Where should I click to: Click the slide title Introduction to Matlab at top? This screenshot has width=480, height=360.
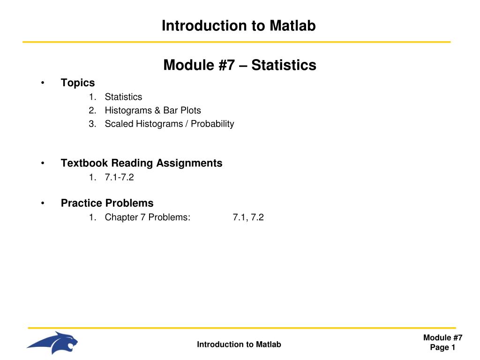tap(239, 26)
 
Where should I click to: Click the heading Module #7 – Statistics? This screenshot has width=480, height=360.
tap(240, 65)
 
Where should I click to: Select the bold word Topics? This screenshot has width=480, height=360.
tap(78, 83)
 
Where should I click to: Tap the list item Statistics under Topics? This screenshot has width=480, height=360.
tap(123, 97)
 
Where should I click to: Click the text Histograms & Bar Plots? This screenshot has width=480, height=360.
tap(153, 111)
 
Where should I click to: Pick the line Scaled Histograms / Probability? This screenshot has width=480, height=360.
tap(169, 124)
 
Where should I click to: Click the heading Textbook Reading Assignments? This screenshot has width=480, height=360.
tap(142, 163)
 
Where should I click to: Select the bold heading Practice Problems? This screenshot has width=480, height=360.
tap(107, 203)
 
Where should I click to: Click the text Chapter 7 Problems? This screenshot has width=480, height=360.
tap(148, 217)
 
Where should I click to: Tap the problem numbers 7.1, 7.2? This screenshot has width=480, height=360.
tap(248, 217)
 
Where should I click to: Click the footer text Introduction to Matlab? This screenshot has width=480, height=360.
tap(239, 345)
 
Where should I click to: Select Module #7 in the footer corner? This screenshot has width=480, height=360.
tap(443, 338)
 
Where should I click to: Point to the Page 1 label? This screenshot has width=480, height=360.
tap(443, 347)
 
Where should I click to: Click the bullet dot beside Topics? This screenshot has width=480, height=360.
tap(43, 83)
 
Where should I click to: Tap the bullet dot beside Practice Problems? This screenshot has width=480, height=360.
tap(43, 203)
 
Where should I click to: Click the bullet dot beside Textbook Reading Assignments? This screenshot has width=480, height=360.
tap(43, 164)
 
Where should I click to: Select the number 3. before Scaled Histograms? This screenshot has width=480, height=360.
tap(92, 124)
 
